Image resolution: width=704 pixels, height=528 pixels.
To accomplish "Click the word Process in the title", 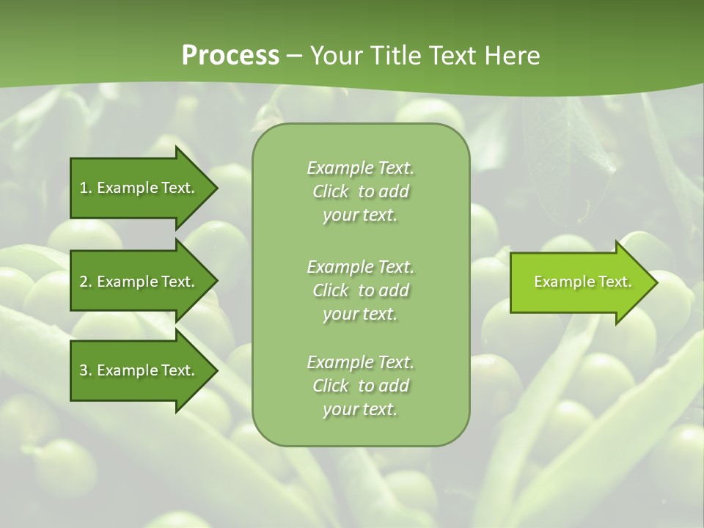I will point(230,56).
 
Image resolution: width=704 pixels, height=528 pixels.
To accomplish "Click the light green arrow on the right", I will point(579,282).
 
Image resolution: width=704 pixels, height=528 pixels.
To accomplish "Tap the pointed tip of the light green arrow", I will point(656,282).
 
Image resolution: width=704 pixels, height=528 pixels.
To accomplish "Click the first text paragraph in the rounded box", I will point(360,191).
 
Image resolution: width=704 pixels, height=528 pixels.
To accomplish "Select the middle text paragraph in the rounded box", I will point(360,290).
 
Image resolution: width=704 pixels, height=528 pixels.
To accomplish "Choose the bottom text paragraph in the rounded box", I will point(360,386).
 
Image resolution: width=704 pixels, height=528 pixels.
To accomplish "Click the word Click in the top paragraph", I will point(331,191).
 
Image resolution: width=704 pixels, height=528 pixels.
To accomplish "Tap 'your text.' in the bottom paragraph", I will point(360,409).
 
